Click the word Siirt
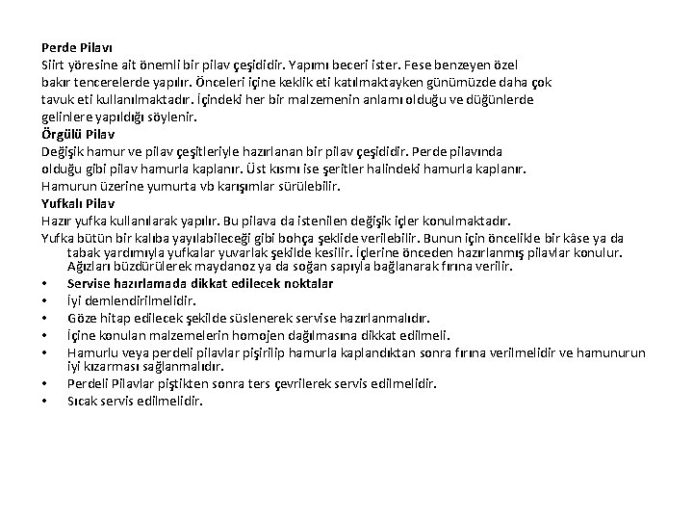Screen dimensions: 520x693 52,65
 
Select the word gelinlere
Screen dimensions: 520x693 67,117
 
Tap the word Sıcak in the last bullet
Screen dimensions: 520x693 84,401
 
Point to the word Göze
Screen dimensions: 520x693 84,318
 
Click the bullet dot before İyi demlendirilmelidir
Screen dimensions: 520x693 45,300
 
